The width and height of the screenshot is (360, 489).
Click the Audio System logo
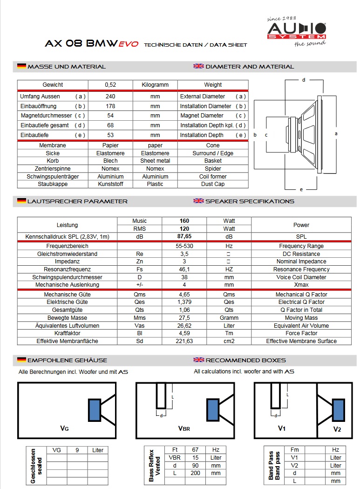pyautogui.click(x=297, y=32)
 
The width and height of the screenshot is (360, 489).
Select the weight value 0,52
pyautogui.click(x=110, y=85)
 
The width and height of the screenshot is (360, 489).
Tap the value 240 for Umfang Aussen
pyautogui.click(x=110, y=96)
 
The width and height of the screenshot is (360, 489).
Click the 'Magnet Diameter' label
pyautogui.click(x=202, y=116)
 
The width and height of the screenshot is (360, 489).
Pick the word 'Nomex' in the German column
pyautogui.click(x=110, y=169)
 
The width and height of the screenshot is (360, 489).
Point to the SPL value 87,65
pyautogui.click(x=184, y=237)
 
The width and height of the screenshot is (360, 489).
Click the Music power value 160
pyautogui.click(x=184, y=221)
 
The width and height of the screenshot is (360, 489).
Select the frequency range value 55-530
pyautogui.click(x=184, y=246)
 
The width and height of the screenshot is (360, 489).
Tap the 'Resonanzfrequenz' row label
pyautogui.click(x=67, y=269)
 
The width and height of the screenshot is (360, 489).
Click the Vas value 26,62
pyautogui.click(x=184, y=326)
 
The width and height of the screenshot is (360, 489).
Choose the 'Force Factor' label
pyautogui.click(x=301, y=333)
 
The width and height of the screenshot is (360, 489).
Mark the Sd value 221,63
pyautogui.click(x=184, y=341)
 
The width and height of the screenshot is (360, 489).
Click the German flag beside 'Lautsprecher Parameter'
pyautogui.click(x=21, y=201)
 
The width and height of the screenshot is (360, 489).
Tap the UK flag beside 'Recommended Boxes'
pyautogui.click(x=199, y=360)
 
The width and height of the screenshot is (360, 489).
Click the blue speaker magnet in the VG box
pyautogui.click(x=95, y=410)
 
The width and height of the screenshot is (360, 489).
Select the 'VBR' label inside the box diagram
pyautogui.click(x=184, y=428)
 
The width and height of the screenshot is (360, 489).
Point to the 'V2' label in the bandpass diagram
pyautogui.click(x=337, y=429)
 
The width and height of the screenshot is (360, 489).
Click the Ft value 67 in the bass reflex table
pyautogui.click(x=195, y=450)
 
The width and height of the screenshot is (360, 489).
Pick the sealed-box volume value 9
pyautogui.click(x=77, y=450)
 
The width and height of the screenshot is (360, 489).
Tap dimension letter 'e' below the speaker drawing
pyautogui.click(x=301, y=189)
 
